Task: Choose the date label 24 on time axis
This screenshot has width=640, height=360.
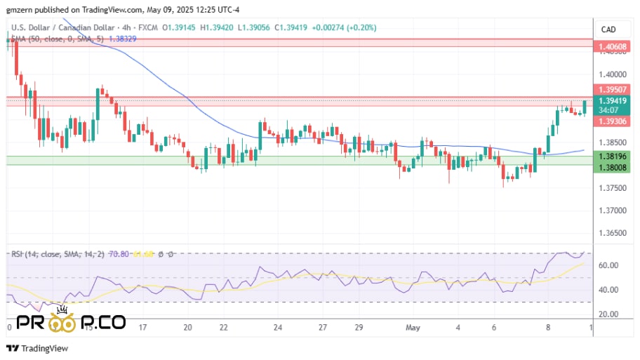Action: [x=278, y=327]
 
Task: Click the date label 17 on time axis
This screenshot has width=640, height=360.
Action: [x=143, y=327]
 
